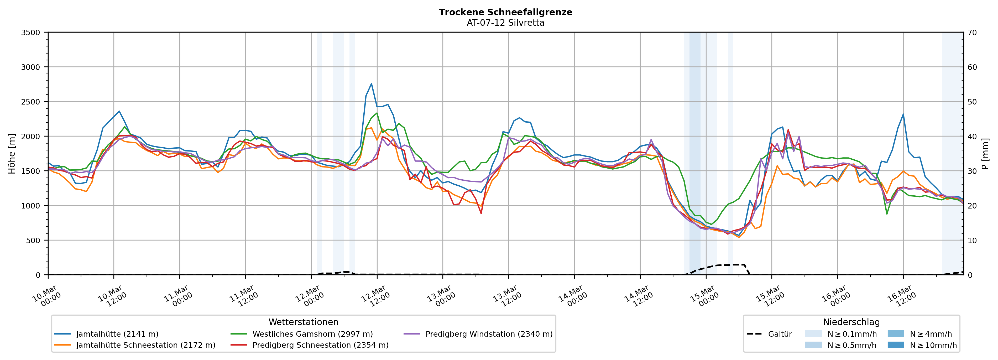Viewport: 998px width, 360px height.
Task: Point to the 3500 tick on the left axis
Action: (x=31, y=33)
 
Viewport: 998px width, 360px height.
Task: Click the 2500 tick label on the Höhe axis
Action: (x=31, y=102)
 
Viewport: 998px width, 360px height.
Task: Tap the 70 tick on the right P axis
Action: (x=972, y=33)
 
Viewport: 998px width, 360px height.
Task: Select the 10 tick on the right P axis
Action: (x=972, y=241)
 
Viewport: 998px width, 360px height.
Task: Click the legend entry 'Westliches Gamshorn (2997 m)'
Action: (x=312, y=334)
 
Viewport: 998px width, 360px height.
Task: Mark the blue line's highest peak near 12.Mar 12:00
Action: (x=371, y=84)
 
